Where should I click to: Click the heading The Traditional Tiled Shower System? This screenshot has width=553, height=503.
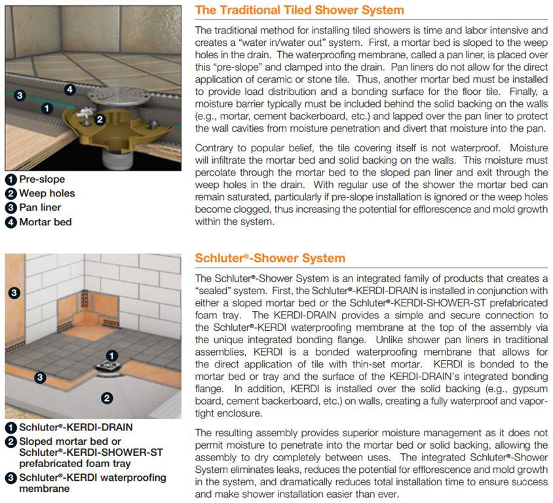pyautogui.click(x=299, y=10)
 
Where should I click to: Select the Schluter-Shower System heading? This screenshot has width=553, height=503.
pyautogui.click(x=270, y=258)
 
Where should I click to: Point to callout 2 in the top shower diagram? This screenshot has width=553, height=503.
pyautogui.click(x=100, y=119)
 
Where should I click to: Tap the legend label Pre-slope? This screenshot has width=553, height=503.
pyautogui.click(x=42, y=179)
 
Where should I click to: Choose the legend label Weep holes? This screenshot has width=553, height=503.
pyautogui.click(x=47, y=193)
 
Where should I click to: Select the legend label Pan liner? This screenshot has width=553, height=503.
pyautogui.click(x=40, y=208)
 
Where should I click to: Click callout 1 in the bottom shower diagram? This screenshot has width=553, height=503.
pyautogui.click(x=112, y=356)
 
